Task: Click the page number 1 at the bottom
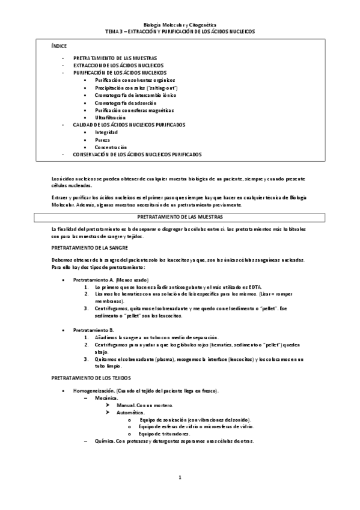[x=180, y=478]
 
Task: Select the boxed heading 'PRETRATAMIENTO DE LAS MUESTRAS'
[x=180, y=216]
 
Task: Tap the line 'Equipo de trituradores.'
[x=164, y=434]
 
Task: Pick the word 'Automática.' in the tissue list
[x=130, y=413]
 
